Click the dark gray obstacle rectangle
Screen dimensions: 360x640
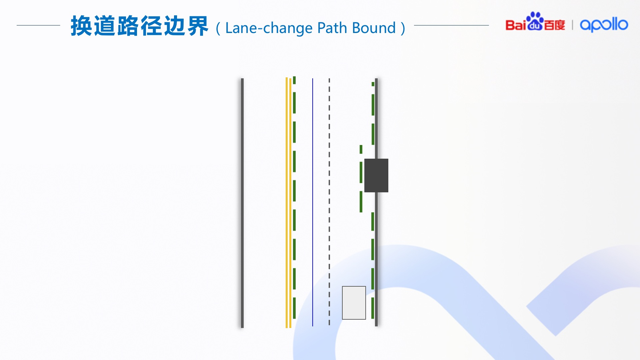pyautogui.click(x=376, y=175)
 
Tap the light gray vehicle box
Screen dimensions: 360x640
pyautogui.click(x=354, y=303)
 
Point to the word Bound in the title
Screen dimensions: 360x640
pyautogui.click(x=374, y=28)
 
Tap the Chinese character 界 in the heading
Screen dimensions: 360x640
pyautogui.click(x=198, y=26)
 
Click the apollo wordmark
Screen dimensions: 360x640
pyautogui.click(x=604, y=25)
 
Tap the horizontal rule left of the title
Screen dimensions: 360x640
pyautogui.click(x=38, y=25)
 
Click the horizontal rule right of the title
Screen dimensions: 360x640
pyautogui.click(x=451, y=25)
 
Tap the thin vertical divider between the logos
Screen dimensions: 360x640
pyautogui.click(x=572, y=25)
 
